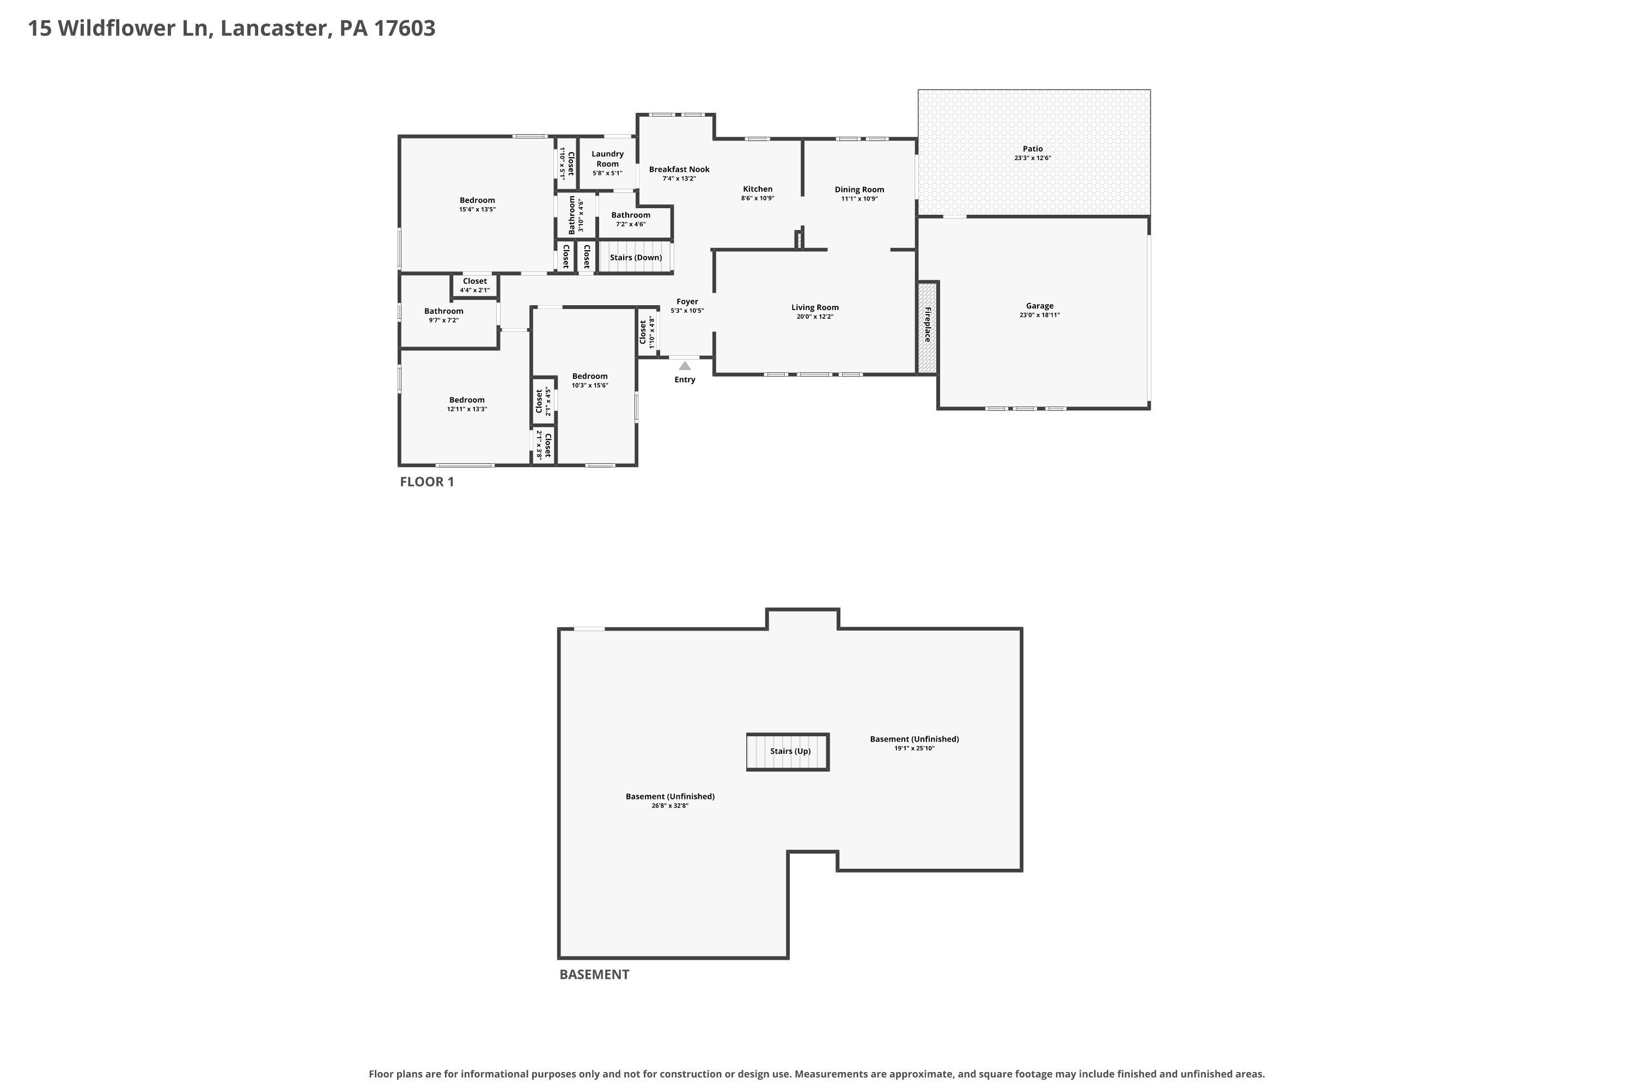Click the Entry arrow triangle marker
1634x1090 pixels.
click(x=685, y=366)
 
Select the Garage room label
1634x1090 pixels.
click(x=1039, y=306)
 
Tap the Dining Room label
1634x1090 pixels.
click(x=859, y=190)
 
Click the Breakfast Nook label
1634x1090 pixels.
click(x=679, y=169)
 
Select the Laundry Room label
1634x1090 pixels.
click(x=607, y=159)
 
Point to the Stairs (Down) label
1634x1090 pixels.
click(x=636, y=258)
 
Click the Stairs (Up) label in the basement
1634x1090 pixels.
click(x=790, y=752)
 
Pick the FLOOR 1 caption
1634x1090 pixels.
click(x=426, y=482)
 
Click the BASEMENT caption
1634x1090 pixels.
click(x=594, y=974)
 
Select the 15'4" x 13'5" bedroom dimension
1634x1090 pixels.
click(x=477, y=210)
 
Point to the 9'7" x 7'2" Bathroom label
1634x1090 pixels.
click(x=443, y=311)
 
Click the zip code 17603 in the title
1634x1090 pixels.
click(x=405, y=28)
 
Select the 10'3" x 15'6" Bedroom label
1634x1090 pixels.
click(x=590, y=377)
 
